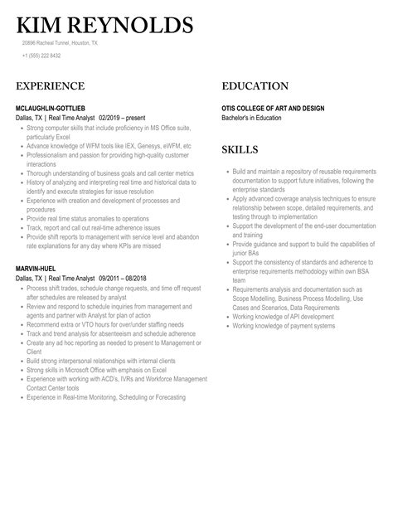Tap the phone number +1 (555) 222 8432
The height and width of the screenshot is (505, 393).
[x=41, y=56]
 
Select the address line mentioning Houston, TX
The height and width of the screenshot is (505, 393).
[x=60, y=42]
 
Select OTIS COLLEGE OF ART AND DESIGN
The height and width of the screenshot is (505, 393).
[x=273, y=109]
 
